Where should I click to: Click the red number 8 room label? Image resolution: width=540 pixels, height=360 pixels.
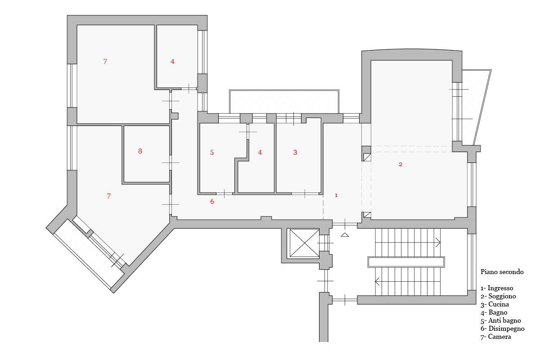140,151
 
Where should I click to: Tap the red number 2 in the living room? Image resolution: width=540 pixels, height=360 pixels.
400,164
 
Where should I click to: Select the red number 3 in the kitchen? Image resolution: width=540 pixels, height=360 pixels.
295,153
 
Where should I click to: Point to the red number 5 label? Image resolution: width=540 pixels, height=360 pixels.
211,153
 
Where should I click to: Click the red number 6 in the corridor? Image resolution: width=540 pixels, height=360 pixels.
212,202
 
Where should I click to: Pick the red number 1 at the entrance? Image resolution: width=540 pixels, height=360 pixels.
336,195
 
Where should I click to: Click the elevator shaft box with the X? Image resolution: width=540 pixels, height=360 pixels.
305,243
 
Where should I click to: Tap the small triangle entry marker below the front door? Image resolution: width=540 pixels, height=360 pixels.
345,234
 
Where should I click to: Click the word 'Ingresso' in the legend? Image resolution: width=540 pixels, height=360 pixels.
500,288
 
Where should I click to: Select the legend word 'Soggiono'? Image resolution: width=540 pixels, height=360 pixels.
502,296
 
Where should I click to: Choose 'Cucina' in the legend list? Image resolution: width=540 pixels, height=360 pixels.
499,304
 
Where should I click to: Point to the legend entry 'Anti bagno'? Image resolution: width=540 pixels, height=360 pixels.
504,320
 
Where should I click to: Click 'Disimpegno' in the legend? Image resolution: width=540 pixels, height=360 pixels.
507,328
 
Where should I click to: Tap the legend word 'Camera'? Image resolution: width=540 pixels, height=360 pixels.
499,337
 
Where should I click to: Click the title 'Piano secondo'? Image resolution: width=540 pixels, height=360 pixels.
502,272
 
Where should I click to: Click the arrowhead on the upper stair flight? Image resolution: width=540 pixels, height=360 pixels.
438,243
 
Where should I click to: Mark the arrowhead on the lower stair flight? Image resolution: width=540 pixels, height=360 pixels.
377,281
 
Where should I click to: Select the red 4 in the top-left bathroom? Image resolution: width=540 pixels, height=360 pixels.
172,62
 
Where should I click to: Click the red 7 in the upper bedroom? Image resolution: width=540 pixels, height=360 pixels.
105,62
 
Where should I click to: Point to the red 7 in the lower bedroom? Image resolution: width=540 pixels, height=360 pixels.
109,196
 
